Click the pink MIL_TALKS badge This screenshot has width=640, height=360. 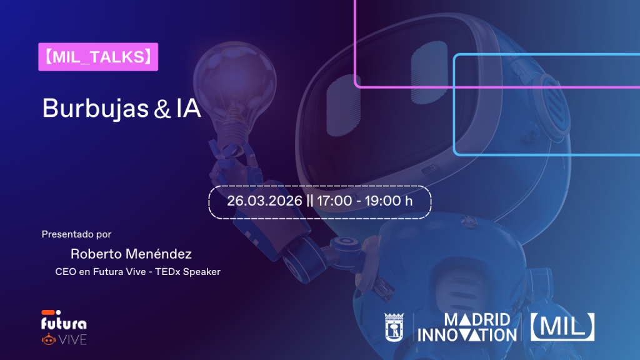[98, 57]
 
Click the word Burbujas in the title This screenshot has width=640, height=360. [96, 109]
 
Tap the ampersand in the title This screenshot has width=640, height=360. [162, 109]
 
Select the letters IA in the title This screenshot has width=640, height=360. [188, 109]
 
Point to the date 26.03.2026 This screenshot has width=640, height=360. [264, 201]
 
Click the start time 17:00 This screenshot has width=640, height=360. [334, 201]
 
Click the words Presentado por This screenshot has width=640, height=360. [76, 234]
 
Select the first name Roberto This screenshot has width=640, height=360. [101, 254]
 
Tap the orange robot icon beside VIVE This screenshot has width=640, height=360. [49, 339]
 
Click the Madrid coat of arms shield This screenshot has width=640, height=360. [394, 327]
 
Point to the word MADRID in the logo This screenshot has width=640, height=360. [477, 320]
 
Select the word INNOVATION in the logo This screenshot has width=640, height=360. [467, 336]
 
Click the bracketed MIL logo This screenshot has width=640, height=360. [562, 327]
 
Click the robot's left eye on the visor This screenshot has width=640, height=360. [343, 105]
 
